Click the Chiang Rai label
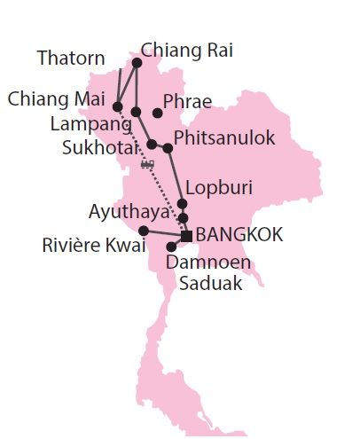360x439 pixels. click(186, 51)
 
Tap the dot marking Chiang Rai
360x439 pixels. click(137, 63)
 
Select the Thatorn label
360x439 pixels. click(71, 59)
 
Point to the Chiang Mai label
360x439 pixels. click(57, 97)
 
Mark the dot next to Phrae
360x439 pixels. click(157, 113)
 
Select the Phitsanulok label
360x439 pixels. click(224, 138)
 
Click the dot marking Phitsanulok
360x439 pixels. click(168, 147)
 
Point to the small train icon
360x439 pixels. click(147, 164)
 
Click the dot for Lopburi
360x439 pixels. click(182, 204)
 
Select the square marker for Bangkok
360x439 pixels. click(186, 235)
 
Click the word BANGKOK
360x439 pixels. click(239, 235)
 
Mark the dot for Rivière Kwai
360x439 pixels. click(144, 231)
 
